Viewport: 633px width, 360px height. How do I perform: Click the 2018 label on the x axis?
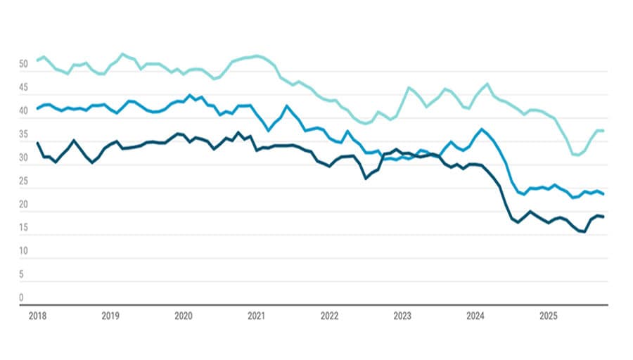(37, 316)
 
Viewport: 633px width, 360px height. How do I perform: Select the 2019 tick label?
(110, 316)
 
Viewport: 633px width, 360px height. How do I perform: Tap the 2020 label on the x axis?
(184, 316)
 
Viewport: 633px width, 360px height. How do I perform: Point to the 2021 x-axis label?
(257, 316)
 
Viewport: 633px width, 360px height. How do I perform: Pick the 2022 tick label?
(329, 316)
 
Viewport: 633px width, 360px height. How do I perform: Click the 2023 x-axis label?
(402, 316)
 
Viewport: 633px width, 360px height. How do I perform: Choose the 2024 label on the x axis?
(475, 316)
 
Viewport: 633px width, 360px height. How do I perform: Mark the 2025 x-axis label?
(549, 316)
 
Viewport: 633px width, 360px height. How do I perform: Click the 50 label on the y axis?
(23, 65)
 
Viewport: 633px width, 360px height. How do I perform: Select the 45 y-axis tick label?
(23, 88)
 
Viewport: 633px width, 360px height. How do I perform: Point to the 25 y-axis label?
(23, 181)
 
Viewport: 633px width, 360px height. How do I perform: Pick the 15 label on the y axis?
(23, 228)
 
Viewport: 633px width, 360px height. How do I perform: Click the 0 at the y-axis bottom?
(21, 297)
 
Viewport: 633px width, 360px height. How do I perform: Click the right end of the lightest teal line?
(603, 131)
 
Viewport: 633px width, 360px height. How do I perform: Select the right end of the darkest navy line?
(603, 217)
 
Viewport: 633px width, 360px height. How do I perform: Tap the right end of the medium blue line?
(603, 194)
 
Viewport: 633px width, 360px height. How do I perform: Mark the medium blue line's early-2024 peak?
(481, 129)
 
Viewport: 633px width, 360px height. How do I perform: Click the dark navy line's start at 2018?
(37, 143)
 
